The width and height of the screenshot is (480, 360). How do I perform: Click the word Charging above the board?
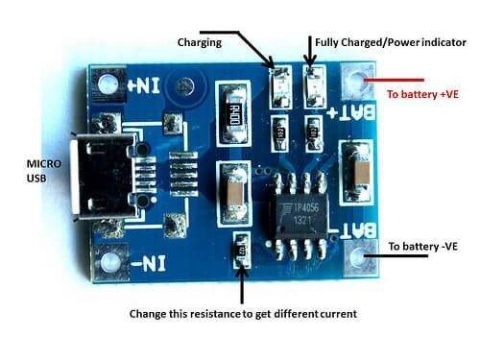(x=200, y=42)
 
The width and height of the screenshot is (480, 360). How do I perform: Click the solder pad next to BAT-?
(x=364, y=257)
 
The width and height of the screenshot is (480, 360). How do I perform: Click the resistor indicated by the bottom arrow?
(x=241, y=252)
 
